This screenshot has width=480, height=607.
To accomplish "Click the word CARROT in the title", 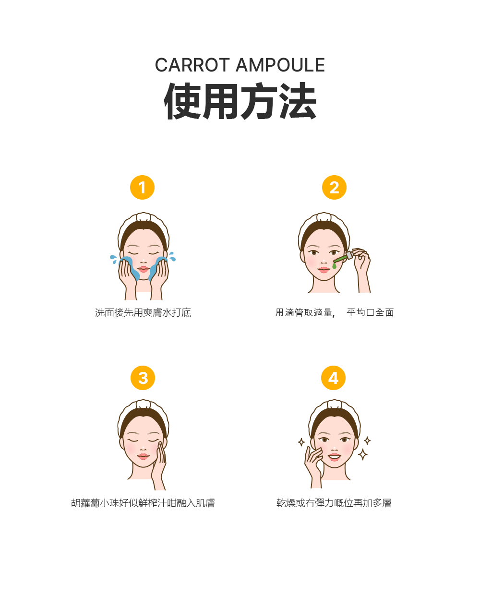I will [192, 65].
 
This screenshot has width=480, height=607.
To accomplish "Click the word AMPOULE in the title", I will [280, 65].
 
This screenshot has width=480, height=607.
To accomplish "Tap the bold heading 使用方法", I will [240, 101].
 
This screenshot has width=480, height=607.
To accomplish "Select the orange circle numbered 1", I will [142, 188].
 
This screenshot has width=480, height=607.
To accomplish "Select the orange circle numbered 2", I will [334, 188].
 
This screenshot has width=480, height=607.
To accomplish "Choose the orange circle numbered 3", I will [143, 378].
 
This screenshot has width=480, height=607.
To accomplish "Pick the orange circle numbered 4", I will [334, 378].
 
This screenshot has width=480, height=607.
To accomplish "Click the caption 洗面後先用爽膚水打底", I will [143, 313].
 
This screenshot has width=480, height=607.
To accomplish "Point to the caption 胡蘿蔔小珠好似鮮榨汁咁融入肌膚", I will [143, 503].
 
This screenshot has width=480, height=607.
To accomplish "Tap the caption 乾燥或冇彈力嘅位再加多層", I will [334, 503].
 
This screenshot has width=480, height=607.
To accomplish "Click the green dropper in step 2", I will [342, 259].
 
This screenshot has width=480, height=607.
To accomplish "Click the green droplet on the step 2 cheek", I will [334, 265].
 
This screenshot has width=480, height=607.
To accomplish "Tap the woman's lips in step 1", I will [144, 269].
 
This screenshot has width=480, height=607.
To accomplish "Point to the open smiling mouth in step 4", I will [335, 456].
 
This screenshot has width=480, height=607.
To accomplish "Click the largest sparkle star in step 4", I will [363, 454].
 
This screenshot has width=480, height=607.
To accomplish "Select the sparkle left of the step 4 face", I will [301, 442].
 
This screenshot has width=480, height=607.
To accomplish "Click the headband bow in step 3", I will [143, 405].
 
